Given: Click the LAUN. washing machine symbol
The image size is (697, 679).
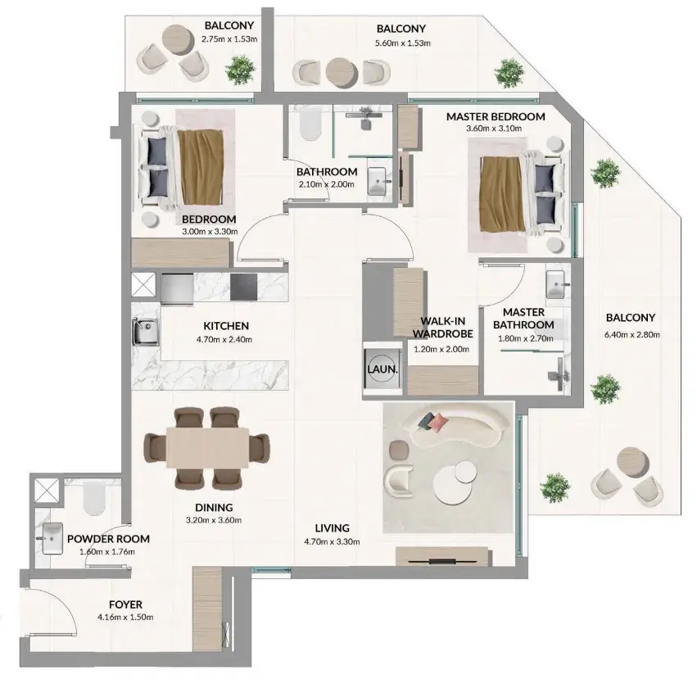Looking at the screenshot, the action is click(x=382, y=369).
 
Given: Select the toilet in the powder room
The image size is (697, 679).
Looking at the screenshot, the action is click(x=94, y=498).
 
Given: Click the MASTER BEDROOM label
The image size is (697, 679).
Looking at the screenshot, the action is click(x=496, y=116).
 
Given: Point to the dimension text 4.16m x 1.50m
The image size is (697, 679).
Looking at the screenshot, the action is click(x=125, y=618).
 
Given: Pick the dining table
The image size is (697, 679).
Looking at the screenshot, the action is click(x=207, y=447).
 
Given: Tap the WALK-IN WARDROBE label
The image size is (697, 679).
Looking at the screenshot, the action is click(x=443, y=328).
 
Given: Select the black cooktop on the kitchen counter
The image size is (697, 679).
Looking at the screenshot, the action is click(x=243, y=287).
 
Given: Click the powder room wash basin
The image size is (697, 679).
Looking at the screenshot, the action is click(x=52, y=538).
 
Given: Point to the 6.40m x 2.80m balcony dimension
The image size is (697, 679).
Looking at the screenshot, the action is click(x=631, y=334).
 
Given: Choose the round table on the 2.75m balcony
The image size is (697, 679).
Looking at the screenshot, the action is click(x=177, y=39).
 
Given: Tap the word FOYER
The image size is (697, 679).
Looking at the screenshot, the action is click(x=126, y=604).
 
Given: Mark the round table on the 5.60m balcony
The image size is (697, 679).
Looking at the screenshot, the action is click(x=341, y=73).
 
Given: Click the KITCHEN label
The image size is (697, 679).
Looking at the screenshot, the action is click(x=226, y=326).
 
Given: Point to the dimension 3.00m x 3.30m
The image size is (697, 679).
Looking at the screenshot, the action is click(x=210, y=232).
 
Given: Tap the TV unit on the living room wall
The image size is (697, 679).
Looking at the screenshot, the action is click(x=444, y=556).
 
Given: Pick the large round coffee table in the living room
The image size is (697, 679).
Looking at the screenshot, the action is click(x=453, y=486).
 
